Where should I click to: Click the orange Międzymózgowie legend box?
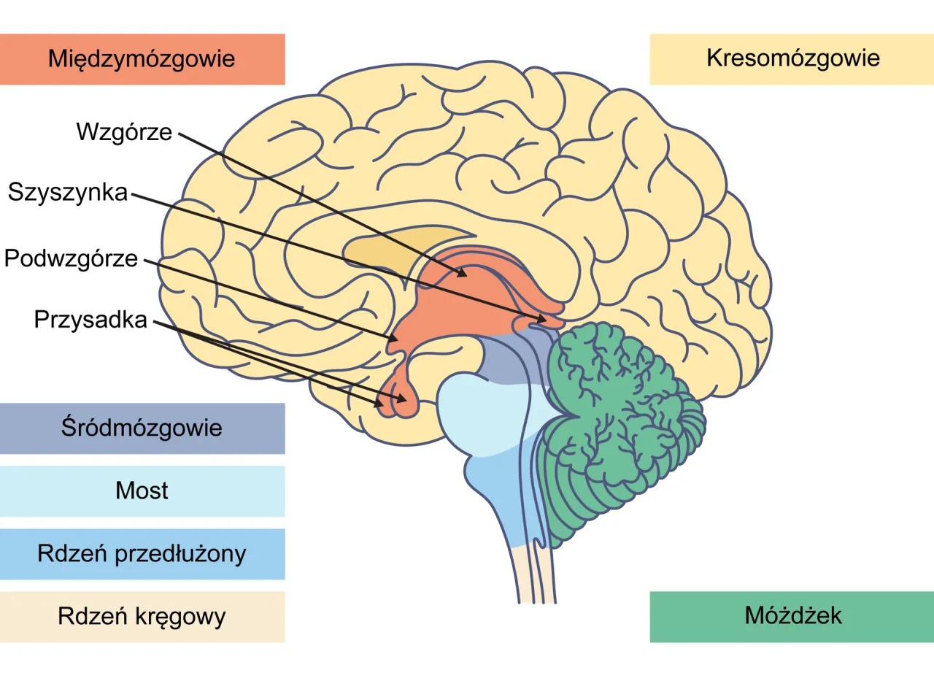click(142, 59)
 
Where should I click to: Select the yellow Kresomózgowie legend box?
click(792, 59)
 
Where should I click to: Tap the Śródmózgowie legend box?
click(142, 428)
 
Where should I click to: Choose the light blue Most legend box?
click(142, 491)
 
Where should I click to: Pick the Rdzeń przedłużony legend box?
click(142, 554)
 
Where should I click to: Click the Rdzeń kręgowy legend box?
click(142, 617)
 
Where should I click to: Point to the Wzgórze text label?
click(124, 132)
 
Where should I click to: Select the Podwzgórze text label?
click(72, 258)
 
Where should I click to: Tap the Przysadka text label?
click(91, 320)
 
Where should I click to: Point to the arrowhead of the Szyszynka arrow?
click(544, 320)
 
